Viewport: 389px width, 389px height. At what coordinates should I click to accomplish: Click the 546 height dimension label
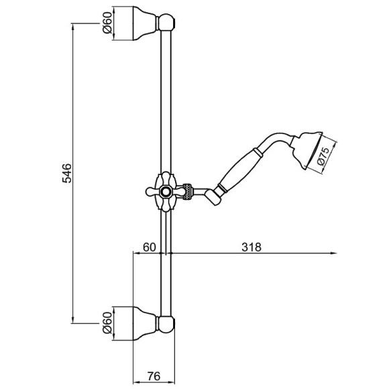(x=67, y=173)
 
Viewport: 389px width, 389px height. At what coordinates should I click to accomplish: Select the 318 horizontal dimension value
(x=252, y=247)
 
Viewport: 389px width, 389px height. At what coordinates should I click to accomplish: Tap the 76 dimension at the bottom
(x=154, y=376)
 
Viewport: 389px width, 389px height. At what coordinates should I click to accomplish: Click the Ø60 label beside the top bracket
(x=107, y=23)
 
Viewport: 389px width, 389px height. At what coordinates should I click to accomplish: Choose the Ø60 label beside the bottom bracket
(x=107, y=323)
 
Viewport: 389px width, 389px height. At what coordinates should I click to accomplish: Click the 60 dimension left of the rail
(x=150, y=247)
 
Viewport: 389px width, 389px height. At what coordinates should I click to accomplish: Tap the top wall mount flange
(x=145, y=23)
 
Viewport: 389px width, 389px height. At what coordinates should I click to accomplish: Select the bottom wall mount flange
(x=145, y=323)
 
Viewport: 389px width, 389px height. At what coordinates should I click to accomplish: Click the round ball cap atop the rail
(x=166, y=23)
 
